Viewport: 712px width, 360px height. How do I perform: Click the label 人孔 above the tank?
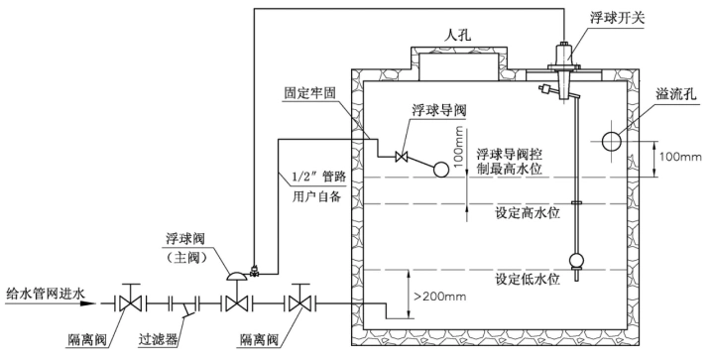(x=456, y=34)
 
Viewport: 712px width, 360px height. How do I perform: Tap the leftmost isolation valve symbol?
(x=128, y=300)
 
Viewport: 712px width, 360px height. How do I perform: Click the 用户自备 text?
(x=316, y=195)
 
